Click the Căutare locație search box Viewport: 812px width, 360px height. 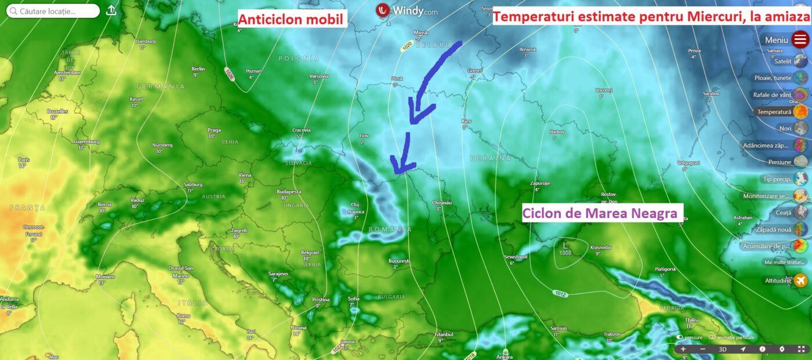52,11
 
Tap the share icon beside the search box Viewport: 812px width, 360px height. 112,10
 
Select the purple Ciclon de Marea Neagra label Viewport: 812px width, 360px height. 600,213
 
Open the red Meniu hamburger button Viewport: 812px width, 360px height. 800,40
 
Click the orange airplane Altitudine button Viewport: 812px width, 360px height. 800,281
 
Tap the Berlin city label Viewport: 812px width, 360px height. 198,69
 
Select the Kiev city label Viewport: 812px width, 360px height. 466,122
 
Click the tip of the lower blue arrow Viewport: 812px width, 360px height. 396,172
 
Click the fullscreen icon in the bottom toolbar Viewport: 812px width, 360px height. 802,349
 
